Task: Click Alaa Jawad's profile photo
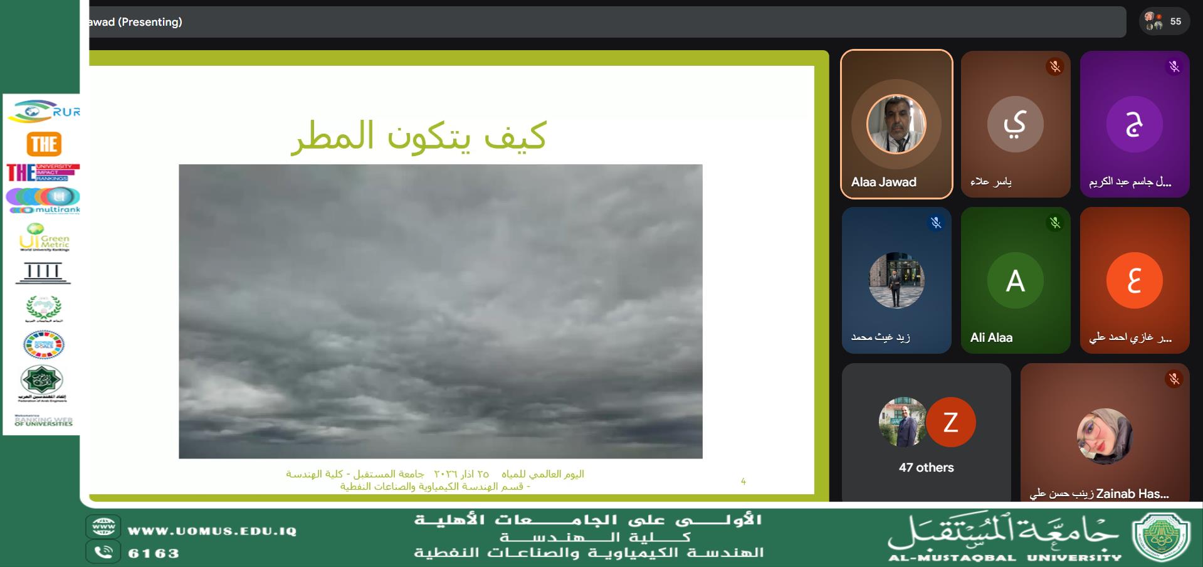896,124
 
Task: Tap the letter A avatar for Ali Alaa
1015,280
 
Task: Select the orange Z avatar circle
950,422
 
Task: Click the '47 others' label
926,467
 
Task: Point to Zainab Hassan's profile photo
1104,437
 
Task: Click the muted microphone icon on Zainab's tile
1174,379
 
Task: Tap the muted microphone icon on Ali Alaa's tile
1055,223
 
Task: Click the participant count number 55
1175,21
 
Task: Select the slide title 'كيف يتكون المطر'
419,135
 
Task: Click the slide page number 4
743,481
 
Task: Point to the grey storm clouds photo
440,311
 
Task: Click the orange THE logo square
44,144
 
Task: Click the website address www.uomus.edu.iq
212,531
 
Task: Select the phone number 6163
154,553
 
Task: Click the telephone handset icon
103,552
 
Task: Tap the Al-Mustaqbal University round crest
1160,536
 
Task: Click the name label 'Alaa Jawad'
883,182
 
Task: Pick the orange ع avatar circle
1134,280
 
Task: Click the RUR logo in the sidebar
44,112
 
